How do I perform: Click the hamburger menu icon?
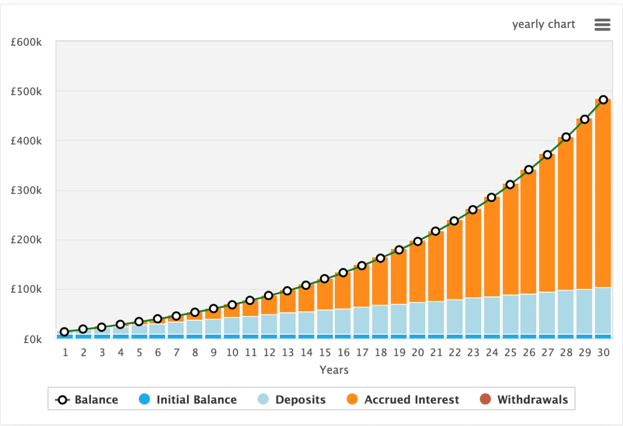point(602,24)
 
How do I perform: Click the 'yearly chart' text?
point(544,24)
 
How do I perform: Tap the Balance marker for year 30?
point(603,100)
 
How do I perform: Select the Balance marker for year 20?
point(417,241)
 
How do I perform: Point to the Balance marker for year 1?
point(64,332)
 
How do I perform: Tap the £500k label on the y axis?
point(26,91)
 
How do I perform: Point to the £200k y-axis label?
point(26,240)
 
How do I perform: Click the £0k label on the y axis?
point(30,339)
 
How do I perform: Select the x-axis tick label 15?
point(324,353)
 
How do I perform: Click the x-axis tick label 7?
point(176,353)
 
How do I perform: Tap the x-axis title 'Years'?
point(334,370)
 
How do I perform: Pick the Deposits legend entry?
point(292,400)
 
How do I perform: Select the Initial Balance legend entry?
point(188,400)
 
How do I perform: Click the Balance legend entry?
point(87,400)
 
